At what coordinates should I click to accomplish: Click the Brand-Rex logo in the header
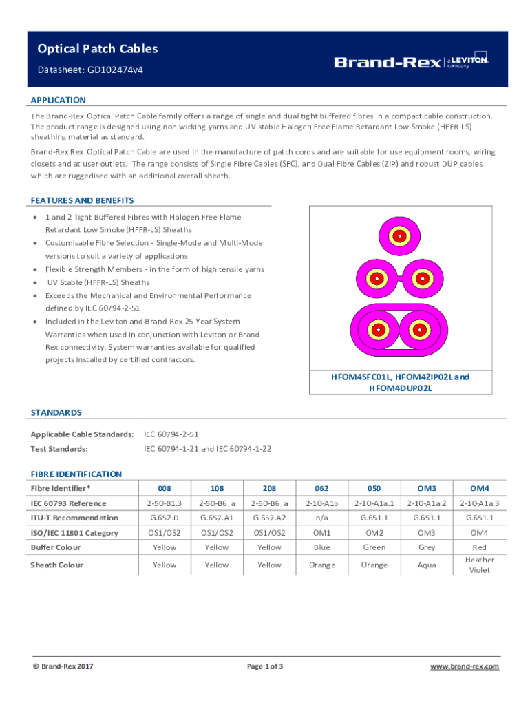[411, 61]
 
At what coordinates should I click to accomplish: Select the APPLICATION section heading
[59, 100]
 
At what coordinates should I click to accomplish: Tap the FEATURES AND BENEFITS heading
[82, 200]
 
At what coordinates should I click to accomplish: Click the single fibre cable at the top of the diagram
[399, 236]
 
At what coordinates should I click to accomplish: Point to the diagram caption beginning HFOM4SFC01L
[401, 382]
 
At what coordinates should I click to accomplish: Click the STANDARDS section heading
[56, 412]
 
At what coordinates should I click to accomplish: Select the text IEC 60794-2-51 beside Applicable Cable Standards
[171, 434]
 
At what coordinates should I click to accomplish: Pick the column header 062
[322, 488]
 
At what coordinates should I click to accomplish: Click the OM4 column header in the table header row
[480, 488]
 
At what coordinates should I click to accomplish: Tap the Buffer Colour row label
[55, 547]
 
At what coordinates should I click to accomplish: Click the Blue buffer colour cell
[322, 547]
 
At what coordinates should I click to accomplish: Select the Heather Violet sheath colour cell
[480, 565]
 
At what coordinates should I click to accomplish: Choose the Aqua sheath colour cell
[427, 565]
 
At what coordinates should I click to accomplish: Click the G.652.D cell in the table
[165, 518]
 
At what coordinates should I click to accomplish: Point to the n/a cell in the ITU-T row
[322, 518]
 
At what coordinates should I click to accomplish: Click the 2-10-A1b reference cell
[322, 503]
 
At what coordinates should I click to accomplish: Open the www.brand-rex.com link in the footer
[465, 666]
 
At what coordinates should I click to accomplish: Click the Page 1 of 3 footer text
[265, 666]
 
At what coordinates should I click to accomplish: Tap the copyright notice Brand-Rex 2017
[63, 666]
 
